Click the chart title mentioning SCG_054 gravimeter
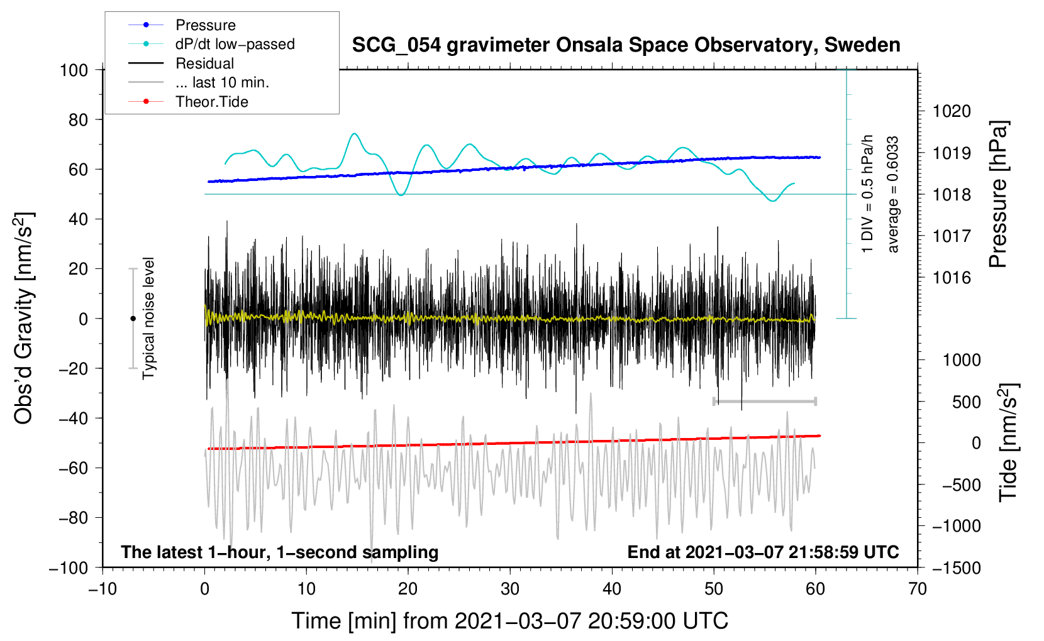point(626,45)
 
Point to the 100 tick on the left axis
point(74,70)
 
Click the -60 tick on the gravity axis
point(73,468)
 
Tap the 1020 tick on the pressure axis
point(952,111)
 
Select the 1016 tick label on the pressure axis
point(952,278)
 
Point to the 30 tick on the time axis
point(510,589)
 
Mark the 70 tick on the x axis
point(917,589)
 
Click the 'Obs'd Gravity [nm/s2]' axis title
point(25,318)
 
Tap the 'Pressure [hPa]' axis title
point(998,194)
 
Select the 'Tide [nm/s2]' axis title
point(1009,443)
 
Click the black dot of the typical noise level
point(133,319)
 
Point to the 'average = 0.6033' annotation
point(892,194)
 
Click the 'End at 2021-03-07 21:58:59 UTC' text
point(763,552)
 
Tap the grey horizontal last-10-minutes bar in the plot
point(764,401)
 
